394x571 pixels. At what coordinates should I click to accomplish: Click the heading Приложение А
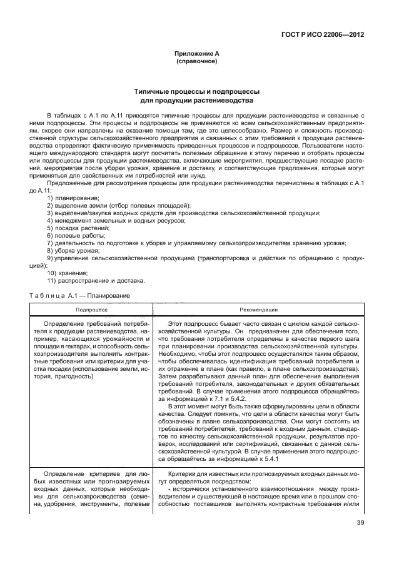point(196,54)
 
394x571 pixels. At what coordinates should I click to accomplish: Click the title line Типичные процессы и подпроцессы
point(196,91)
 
